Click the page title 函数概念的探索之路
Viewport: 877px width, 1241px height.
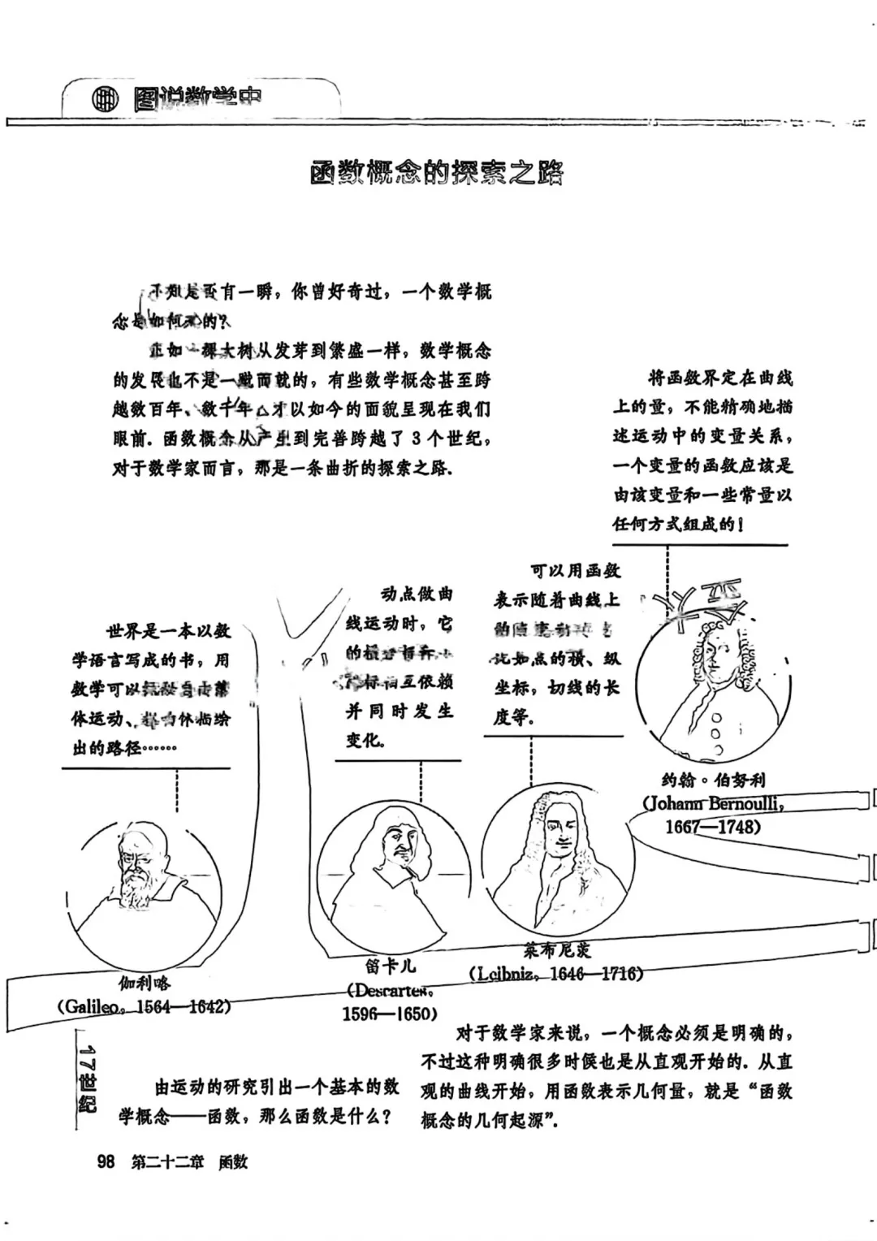(x=437, y=173)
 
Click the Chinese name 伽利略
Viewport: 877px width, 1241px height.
(x=145, y=984)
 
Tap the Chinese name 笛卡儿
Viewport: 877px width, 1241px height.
(x=390, y=966)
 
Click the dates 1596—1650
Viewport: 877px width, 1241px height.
(x=390, y=1014)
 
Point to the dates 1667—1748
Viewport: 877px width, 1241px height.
(x=713, y=827)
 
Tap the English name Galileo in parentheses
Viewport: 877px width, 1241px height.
(x=93, y=1006)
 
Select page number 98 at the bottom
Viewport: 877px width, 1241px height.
(x=106, y=1162)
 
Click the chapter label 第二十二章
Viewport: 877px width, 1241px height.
(x=168, y=1162)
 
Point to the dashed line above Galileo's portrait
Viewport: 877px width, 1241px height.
(x=177, y=790)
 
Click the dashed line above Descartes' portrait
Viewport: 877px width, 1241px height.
(x=421, y=781)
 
